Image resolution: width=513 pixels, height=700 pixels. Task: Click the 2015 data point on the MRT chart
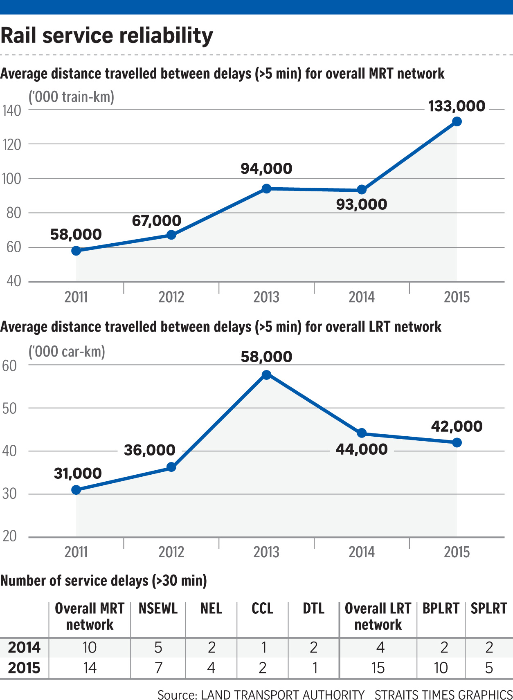tap(457, 121)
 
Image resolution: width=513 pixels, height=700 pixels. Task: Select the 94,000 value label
tap(266, 168)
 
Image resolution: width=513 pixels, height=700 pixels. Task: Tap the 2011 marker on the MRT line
tap(76, 251)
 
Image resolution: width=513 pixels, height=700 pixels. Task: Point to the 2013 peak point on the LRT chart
tap(266, 375)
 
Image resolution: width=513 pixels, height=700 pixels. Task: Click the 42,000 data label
tap(457, 426)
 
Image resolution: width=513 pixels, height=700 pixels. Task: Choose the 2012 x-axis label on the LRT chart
tap(171, 552)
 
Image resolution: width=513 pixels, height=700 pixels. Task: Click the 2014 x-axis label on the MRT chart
tap(362, 297)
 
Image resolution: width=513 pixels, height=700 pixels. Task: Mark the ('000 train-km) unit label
tap(71, 97)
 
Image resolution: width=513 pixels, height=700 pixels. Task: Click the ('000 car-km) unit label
tap(67, 352)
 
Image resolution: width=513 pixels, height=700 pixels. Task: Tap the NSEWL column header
tap(158, 608)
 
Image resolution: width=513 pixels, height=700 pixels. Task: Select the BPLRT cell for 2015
tap(441, 668)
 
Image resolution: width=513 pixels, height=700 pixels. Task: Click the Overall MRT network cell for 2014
tap(90, 647)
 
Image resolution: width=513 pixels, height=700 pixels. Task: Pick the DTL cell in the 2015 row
tap(314, 668)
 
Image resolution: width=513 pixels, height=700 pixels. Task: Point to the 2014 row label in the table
tap(24, 647)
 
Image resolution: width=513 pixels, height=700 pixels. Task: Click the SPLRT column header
tap(488, 608)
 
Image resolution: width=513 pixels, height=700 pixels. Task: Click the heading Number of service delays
tap(103, 581)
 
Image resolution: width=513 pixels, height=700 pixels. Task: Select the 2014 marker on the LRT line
tap(362, 433)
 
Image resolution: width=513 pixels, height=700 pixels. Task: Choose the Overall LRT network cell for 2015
tap(378, 668)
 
